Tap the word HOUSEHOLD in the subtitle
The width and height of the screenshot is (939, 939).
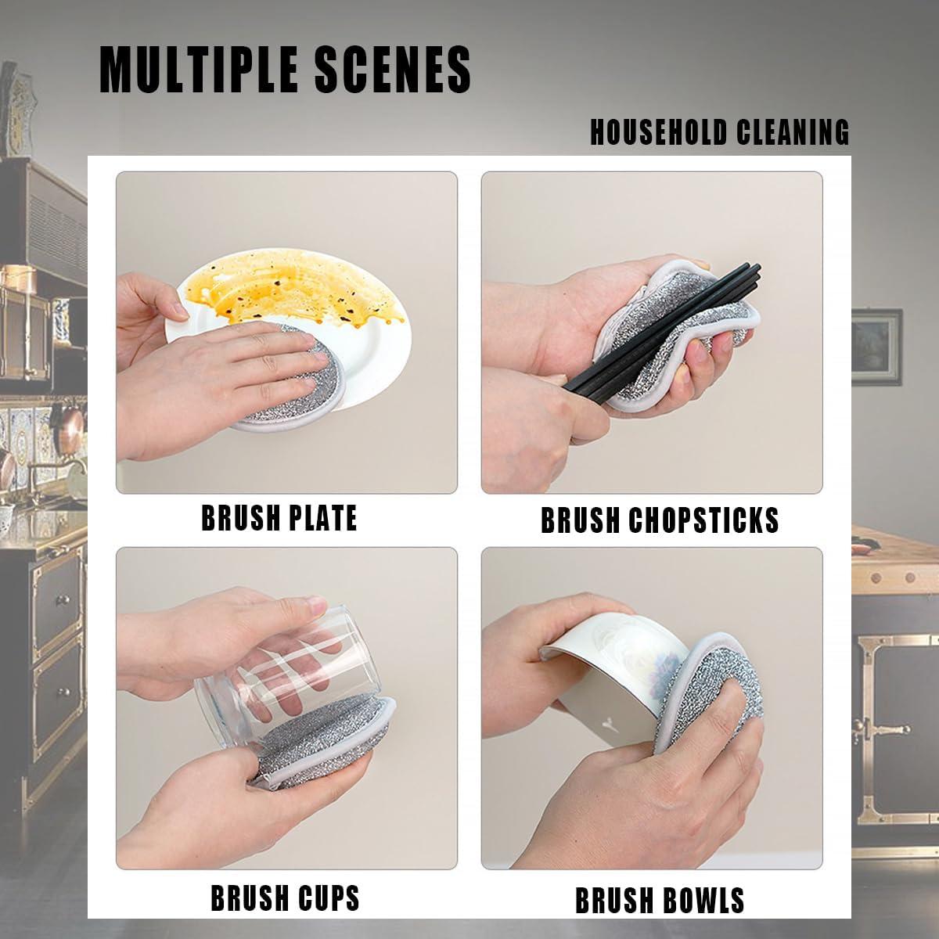coord(656,132)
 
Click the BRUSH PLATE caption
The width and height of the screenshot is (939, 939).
coord(279,518)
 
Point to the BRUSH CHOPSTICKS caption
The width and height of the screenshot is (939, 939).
coord(659,520)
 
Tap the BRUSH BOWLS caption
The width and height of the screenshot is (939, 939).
coord(660,901)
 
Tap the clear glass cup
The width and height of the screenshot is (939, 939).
coord(266,665)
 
